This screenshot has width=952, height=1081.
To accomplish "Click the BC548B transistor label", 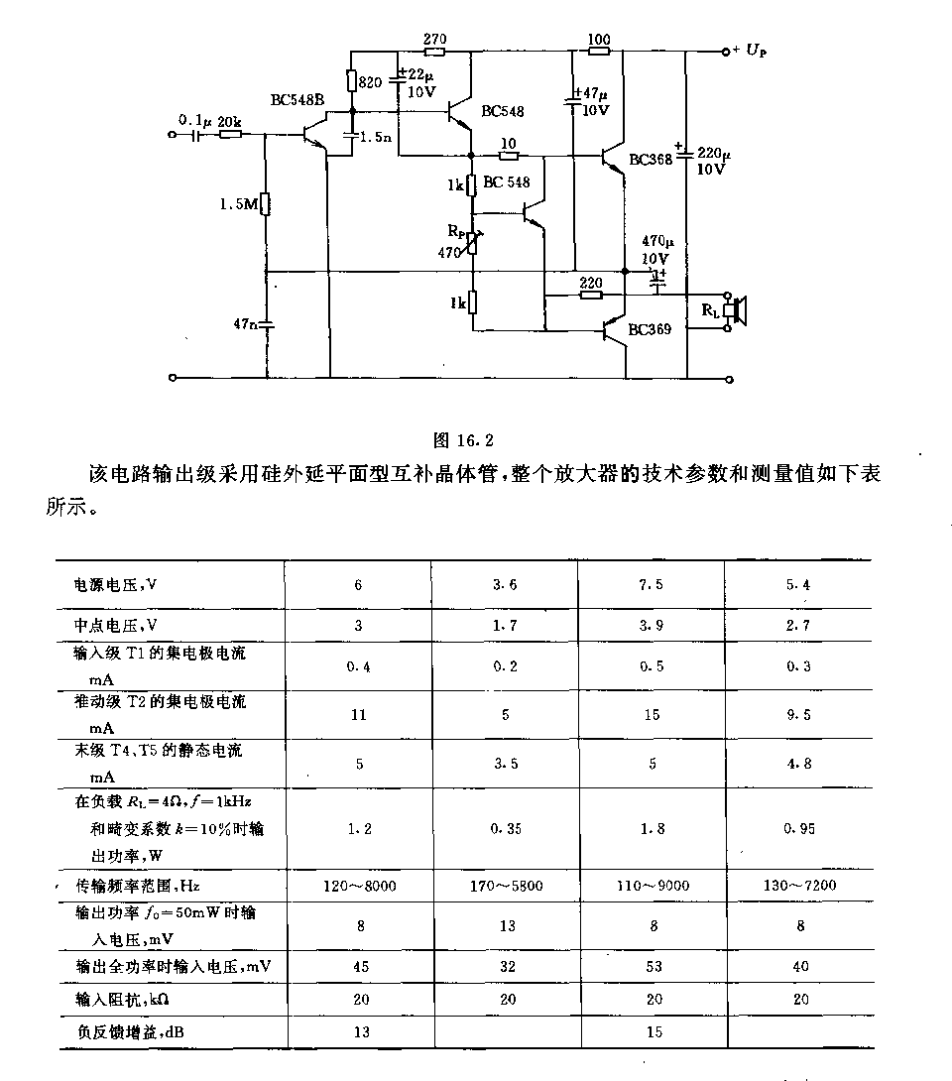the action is (297, 100).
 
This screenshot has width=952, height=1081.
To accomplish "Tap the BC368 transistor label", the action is (651, 160).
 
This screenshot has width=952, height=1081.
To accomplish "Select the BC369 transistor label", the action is (650, 329).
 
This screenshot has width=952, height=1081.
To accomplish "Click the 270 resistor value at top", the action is (435, 40).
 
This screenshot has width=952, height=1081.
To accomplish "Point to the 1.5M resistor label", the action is (239, 204).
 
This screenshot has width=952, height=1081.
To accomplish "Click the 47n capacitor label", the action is (245, 323).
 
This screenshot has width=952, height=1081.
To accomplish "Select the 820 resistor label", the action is (370, 82).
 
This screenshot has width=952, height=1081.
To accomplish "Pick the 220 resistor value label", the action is (591, 283).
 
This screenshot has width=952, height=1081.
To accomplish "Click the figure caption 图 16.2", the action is (463, 440).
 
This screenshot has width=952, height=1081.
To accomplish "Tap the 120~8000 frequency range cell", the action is (360, 886).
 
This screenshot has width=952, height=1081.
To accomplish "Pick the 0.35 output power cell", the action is (506, 829).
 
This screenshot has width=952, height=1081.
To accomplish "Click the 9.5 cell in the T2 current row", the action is (799, 715).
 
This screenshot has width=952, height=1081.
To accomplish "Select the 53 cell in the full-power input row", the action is (654, 967).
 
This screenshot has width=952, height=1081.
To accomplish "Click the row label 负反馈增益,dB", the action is (131, 1032).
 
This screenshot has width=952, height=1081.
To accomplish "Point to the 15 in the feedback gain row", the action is (654, 1032).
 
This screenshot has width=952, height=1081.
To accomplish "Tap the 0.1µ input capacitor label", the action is (195, 120).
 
